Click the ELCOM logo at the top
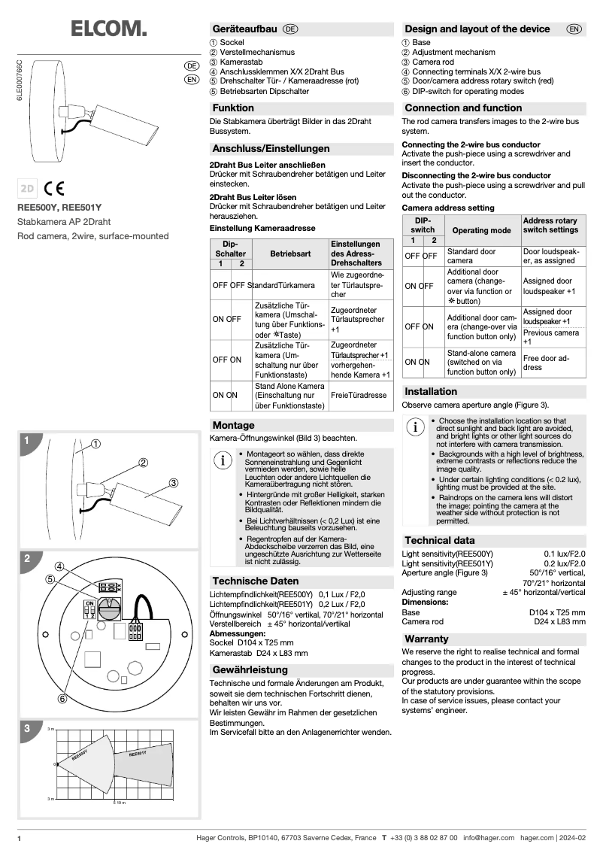click(x=108, y=29)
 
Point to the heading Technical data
click(x=440, y=540)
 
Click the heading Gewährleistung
click(x=250, y=669)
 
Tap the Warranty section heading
click(x=426, y=639)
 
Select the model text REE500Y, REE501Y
click(x=59, y=207)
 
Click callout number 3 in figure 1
click(x=173, y=482)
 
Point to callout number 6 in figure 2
click(x=62, y=699)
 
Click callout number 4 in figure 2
click(x=59, y=566)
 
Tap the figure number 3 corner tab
click(x=27, y=728)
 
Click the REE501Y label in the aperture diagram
click(x=138, y=753)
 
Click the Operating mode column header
click(x=480, y=230)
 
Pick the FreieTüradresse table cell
click(x=359, y=395)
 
